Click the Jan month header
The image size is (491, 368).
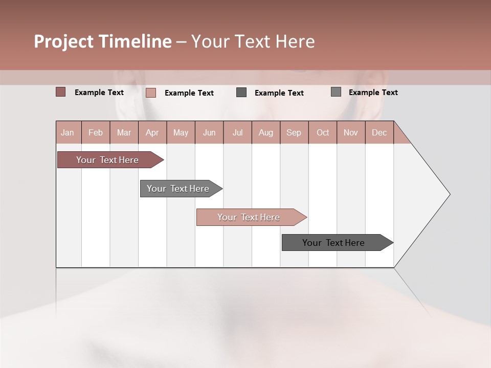(68, 132)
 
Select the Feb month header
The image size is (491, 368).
(96, 132)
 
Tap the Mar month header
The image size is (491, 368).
(124, 132)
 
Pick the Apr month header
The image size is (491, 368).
(152, 132)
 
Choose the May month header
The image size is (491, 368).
(181, 132)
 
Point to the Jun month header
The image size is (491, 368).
(209, 132)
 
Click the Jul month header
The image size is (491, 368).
(237, 132)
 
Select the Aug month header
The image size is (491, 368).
(266, 132)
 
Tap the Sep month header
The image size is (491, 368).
(294, 132)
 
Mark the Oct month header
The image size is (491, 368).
(323, 132)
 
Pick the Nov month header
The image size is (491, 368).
(351, 132)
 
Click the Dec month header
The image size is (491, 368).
(379, 132)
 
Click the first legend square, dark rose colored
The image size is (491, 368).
(61, 92)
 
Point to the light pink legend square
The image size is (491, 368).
(151, 93)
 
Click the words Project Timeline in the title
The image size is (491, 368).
(103, 41)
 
